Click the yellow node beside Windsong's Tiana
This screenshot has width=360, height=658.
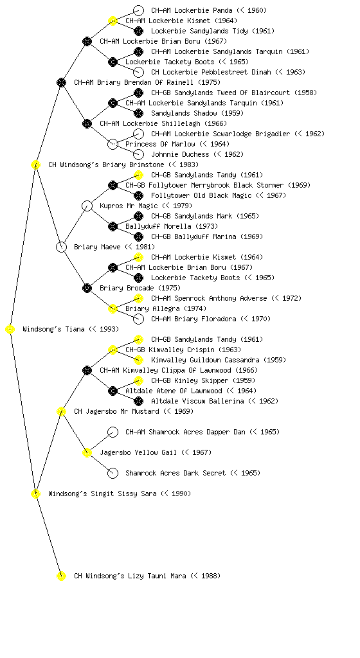10,330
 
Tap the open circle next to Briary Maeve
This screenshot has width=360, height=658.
61,247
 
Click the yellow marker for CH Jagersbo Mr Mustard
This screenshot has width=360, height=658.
61,412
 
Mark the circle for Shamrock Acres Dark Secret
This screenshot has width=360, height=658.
113,474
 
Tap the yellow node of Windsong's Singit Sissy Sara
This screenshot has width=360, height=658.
35,494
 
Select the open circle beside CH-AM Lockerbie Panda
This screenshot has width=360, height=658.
138,10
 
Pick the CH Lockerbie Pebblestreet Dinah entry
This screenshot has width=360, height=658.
211,72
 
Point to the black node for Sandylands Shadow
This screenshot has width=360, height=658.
138,113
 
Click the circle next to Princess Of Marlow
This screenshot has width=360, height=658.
113,145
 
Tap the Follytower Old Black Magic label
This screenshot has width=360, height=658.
201,195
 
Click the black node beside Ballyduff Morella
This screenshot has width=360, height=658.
113,227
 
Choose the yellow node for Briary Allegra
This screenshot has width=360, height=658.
113,309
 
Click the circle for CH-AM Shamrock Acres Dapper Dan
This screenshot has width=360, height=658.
113,432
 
